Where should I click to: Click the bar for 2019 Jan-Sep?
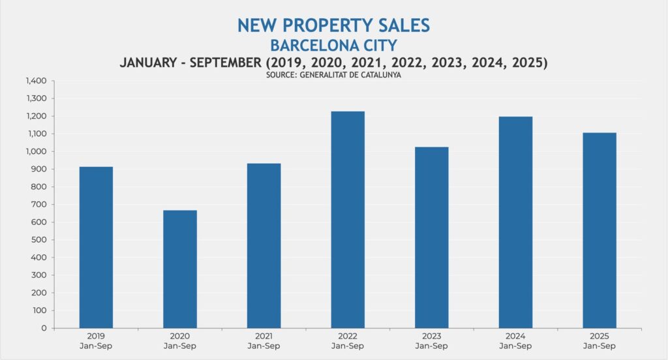(x=96, y=248)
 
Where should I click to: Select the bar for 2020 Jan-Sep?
(x=180, y=269)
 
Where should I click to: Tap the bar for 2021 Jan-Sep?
(x=264, y=246)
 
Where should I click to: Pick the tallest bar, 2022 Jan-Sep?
(x=348, y=220)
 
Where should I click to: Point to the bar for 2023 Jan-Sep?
(x=432, y=237)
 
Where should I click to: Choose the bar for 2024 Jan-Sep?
(x=515, y=222)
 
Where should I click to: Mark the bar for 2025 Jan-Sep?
(x=600, y=230)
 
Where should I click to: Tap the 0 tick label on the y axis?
(x=46, y=328)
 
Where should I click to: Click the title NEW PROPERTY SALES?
(x=333, y=25)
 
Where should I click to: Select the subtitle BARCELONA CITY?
(x=333, y=46)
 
